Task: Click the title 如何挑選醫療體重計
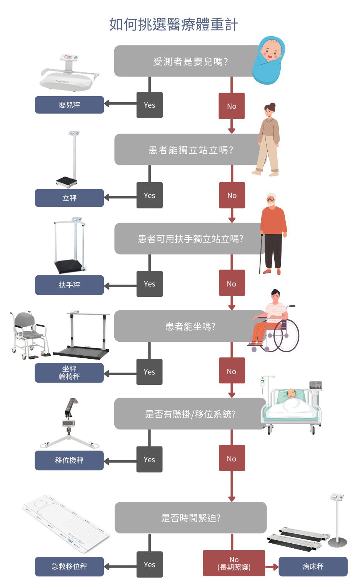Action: coord(173,25)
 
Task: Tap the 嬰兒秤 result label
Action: coord(69,105)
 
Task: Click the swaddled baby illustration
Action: coord(268,60)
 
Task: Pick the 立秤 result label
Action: coord(69,198)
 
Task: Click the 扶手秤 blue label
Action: coord(69,285)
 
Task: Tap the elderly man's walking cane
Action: coord(261,254)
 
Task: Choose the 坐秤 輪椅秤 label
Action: coord(69,373)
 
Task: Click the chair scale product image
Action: coord(30,335)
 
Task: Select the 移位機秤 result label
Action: coord(69,460)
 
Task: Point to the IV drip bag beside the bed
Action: coord(263,383)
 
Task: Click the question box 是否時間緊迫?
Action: coord(190,518)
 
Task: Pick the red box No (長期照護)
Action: coord(234,563)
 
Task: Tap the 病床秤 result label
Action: coord(313,567)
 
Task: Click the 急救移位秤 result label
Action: coord(69,567)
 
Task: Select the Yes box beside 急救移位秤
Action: coord(149,564)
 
